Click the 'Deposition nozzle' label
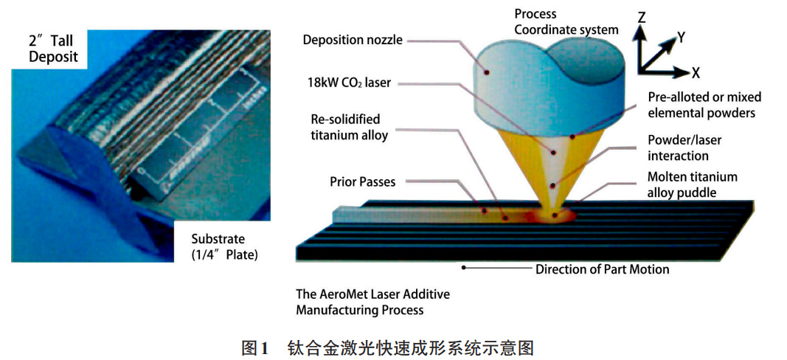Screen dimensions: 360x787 (x=353, y=40)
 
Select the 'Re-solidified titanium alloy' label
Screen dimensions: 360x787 (x=345, y=126)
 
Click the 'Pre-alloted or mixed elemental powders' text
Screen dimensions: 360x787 (x=704, y=105)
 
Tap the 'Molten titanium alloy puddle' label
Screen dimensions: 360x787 (x=692, y=184)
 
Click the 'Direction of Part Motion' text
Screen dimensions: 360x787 (x=602, y=269)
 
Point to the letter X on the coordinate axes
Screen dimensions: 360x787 (x=695, y=72)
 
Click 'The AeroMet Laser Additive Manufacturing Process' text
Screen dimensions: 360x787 (x=372, y=302)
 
